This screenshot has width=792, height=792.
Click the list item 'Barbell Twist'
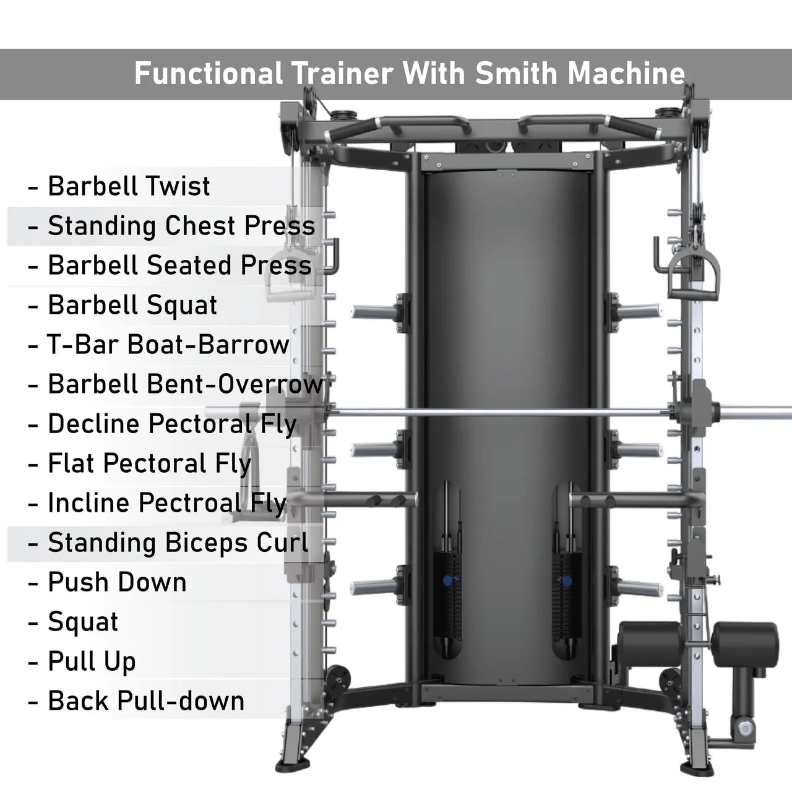coord(129,186)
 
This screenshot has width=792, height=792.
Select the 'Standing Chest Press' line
coord(181,226)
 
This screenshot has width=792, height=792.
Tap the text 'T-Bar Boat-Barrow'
coord(168,345)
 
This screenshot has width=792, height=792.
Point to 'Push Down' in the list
coord(117,582)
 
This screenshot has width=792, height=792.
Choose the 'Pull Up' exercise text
coord(92,662)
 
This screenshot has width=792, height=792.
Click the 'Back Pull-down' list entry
coord(146,701)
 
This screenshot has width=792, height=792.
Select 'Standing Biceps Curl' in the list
coord(178,543)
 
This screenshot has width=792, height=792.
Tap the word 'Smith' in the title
coord(516,74)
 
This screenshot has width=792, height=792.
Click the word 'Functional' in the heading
coord(209,74)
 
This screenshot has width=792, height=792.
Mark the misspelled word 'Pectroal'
coord(190,502)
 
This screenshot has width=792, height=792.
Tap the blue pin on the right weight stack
coord(566,581)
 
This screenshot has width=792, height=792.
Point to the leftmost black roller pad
coord(650,645)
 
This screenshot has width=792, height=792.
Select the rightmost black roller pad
coord(745,645)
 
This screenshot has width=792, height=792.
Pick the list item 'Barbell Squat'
coord(132,305)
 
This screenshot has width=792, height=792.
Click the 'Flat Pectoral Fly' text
coord(150,464)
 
